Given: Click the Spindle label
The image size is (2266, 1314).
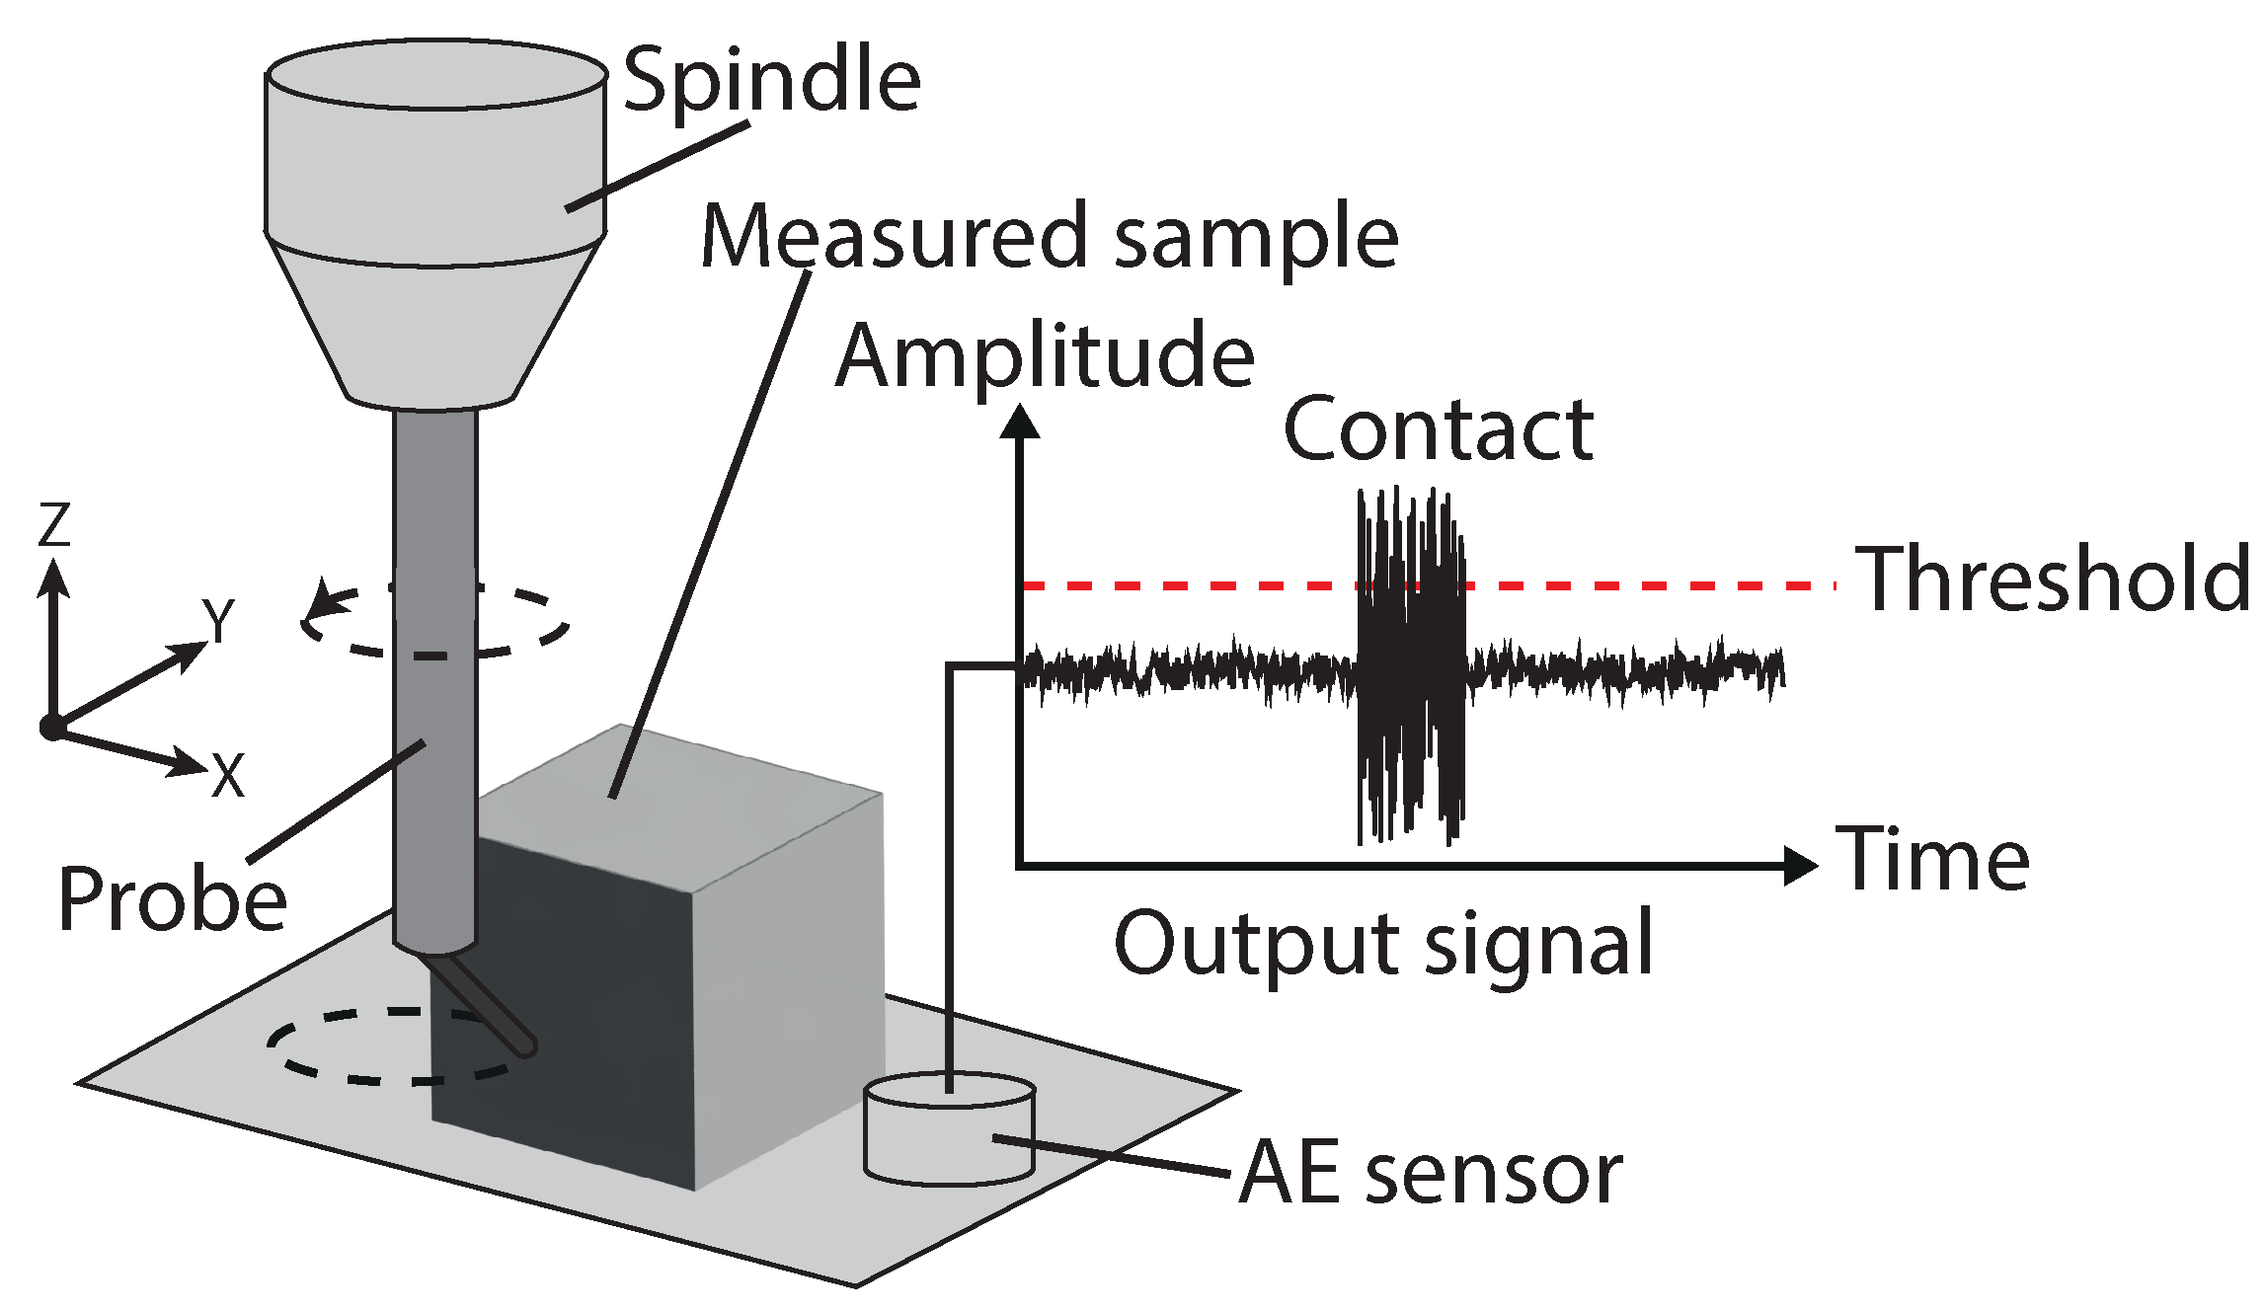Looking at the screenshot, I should (x=772, y=81).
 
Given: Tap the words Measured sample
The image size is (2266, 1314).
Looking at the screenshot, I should (x=1049, y=237).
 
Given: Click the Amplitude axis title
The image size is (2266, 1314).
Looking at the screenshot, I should (x=1045, y=355).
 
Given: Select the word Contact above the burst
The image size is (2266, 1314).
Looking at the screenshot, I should (x=1438, y=429).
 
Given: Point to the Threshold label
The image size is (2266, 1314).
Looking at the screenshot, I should (x=2052, y=580).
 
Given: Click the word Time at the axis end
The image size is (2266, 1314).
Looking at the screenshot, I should (x=1931, y=860).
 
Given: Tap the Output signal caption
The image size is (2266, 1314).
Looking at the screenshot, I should (x=1382, y=944).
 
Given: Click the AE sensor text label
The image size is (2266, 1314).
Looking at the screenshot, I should (x=1430, y=1173).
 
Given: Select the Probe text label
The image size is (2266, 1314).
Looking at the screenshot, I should (x=172, y=899).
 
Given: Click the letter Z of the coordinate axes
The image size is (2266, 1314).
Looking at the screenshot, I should (x=54, y=524).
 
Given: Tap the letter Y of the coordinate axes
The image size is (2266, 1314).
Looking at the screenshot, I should (x=218, y=620).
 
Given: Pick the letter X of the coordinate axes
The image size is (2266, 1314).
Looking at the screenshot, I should (x=228, y=776).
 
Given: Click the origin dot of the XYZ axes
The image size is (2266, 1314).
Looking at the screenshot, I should (x=51, y=729).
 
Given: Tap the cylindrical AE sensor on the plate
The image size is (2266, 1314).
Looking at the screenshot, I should (x=949, y=1130).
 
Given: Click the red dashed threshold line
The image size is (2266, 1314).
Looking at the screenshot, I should (x=1185, y=586).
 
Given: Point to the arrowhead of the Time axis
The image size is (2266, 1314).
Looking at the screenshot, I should (x=1801, y=866).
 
